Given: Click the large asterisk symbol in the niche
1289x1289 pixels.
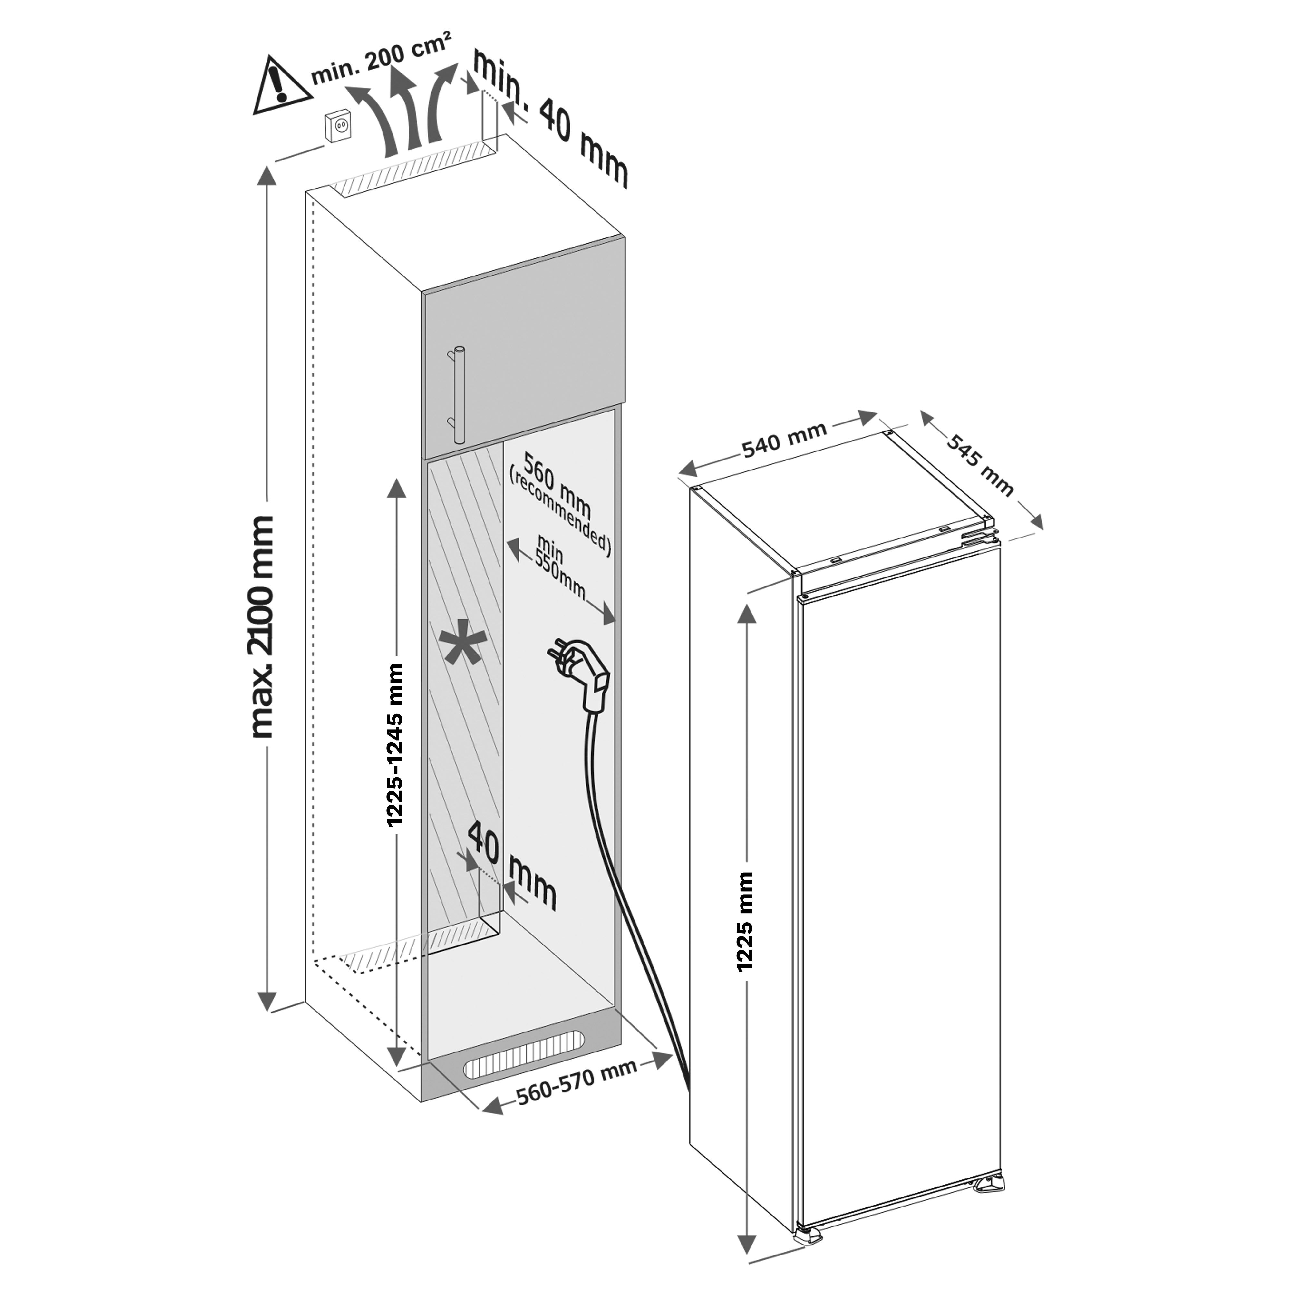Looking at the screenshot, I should (x=462, y=647).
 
